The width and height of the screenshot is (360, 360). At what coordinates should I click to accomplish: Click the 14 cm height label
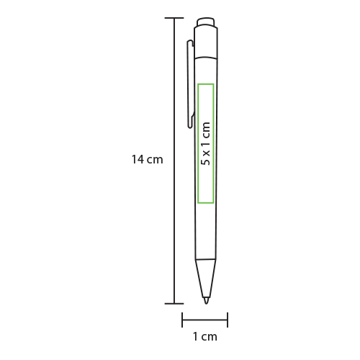point(148,159)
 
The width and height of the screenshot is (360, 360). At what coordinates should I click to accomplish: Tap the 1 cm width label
point(205,336)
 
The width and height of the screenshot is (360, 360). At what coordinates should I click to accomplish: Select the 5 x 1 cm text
point(206,144)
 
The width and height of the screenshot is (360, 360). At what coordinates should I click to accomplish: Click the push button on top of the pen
point(206,22)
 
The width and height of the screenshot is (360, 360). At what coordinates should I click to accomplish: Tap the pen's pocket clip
point(190,84)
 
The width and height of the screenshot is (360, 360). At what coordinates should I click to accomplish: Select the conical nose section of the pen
point(206,278)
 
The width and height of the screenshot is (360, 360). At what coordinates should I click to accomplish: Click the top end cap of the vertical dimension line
point(174,18)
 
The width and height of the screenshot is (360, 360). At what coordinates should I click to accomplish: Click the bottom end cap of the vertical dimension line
point(174,304)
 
